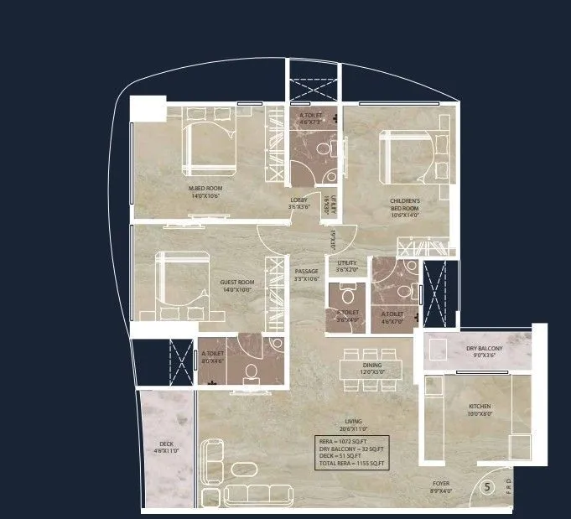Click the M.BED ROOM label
point(205,188)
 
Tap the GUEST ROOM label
point(237,282)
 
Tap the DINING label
point(372,366)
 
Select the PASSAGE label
point(307,272)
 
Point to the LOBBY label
point(299,200)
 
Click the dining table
point(372,369)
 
